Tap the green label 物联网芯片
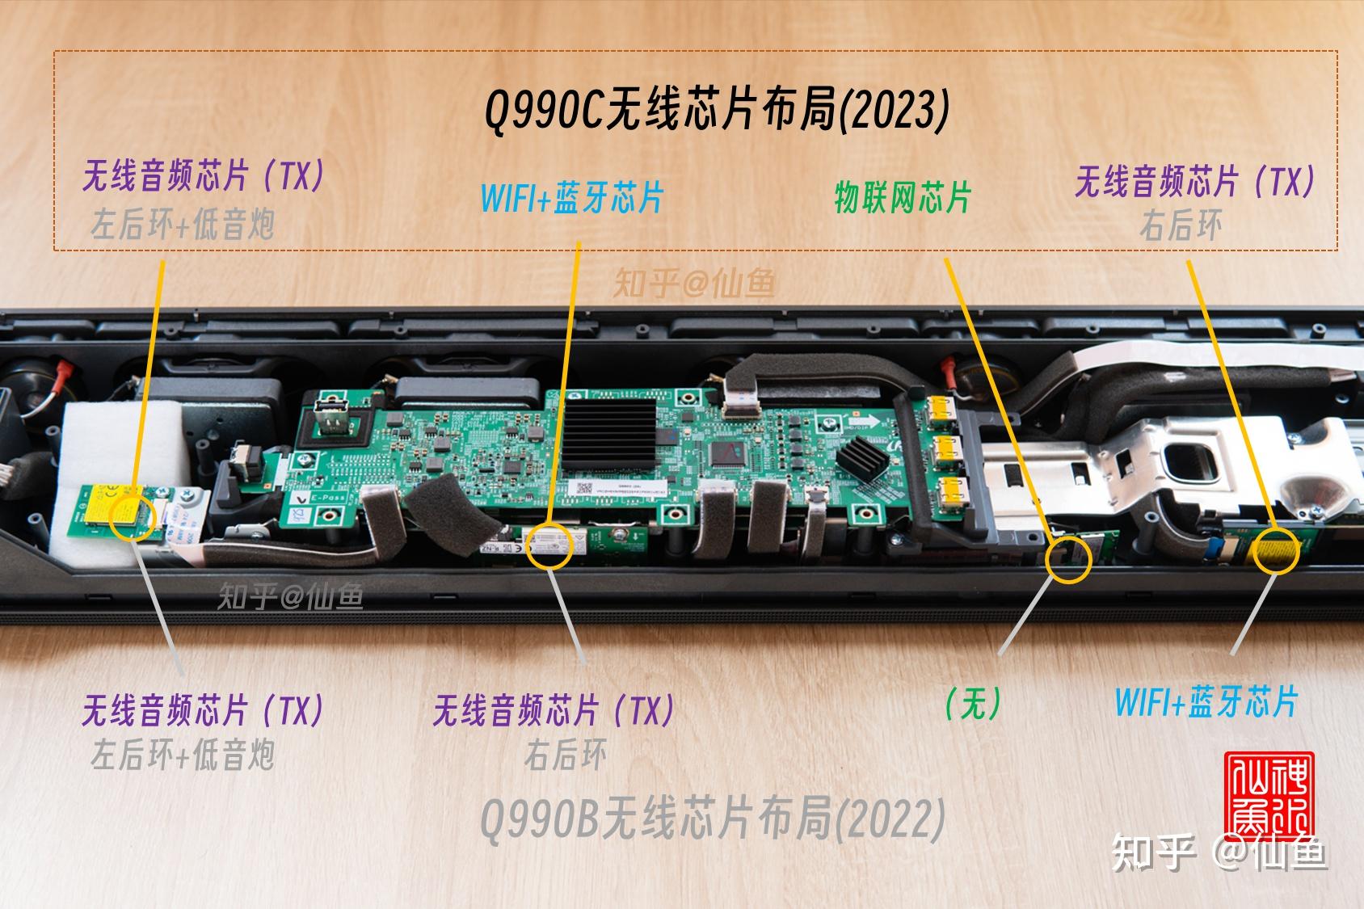902,197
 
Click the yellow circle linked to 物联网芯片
1068,558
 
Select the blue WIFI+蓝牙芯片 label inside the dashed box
572,197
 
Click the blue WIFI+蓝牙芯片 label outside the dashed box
1206,701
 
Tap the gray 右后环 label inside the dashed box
1181,226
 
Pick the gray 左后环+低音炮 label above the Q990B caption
183,755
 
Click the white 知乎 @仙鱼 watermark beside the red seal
1220,854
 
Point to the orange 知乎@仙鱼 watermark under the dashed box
694,283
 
